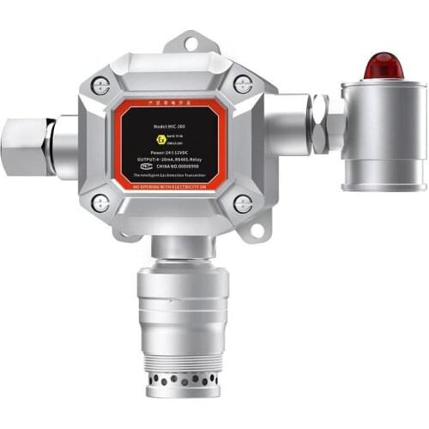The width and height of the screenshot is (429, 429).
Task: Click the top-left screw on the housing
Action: [100, 85]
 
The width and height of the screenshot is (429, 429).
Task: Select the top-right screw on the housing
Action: [243, 84]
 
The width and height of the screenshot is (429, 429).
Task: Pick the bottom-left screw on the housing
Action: [100, 203]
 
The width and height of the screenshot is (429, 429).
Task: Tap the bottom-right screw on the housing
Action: [243, 204]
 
